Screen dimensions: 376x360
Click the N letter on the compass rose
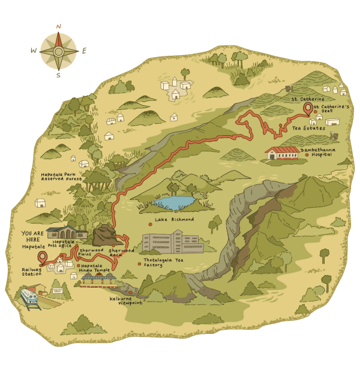point(59,26)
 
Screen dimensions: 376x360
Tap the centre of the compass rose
point(59,50)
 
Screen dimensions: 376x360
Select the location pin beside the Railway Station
point(42,258)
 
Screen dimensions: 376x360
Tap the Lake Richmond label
point(174,219)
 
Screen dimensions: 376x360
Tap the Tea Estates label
point(308,128)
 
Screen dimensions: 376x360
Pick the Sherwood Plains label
point(91,252)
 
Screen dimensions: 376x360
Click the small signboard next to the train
point(59,292)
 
